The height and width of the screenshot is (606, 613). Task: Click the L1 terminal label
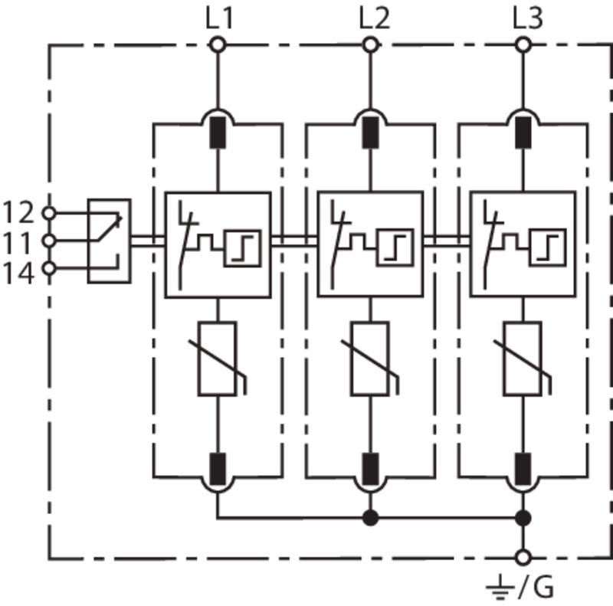tap(219, 18)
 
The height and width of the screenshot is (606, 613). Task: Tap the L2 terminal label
tap(374, 18)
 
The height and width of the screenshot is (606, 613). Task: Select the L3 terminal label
tap(528, 18)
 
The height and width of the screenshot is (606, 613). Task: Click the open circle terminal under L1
tap(218, 45)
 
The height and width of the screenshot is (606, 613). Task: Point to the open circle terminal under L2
tap(370, 45)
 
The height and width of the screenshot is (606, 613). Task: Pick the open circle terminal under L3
tap(523, 45)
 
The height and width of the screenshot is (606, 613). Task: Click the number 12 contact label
tap(18, 212)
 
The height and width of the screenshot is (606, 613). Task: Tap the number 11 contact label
tap(16, 242)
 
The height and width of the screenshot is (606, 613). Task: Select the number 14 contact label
tap(18, 273)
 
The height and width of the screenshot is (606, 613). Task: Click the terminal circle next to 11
tap(49, 241)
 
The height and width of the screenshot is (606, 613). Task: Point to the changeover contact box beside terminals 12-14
tap(109, 241)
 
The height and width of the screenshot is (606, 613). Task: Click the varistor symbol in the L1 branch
tap(218, 359)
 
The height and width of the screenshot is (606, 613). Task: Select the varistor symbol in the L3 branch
tap(523, 359)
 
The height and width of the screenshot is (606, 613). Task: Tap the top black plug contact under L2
tap(370, 133)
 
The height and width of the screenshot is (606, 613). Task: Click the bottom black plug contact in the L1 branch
tap(218, 469)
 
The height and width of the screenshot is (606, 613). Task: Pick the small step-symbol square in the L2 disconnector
tap(395, 248)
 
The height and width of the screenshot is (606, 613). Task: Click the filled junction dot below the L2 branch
tap(370, 518)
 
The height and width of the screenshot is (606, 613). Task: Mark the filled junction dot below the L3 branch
tap(523, 518)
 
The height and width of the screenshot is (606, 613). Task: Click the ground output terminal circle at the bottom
tap(523, 558)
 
